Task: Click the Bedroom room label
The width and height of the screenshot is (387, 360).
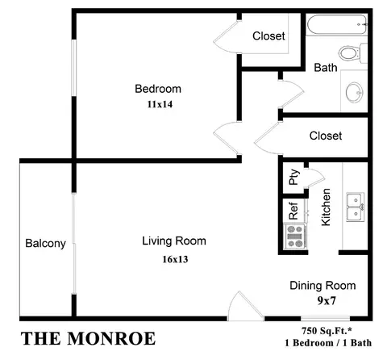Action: (157, 89)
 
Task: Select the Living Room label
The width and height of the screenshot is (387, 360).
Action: (173, 241)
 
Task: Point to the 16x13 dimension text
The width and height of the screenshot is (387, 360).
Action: (173, 259)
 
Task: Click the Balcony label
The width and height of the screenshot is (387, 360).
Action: (45, 244)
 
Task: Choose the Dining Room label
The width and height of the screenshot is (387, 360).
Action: (322, 286)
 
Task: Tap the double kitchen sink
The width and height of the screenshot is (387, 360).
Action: (354, 207)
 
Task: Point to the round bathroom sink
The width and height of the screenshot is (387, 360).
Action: (354, 92)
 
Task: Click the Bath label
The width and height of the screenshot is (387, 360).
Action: (325, 68)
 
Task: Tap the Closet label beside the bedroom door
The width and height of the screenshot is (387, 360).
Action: (268, 36)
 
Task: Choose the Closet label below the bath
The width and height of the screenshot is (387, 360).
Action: (326, 136)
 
